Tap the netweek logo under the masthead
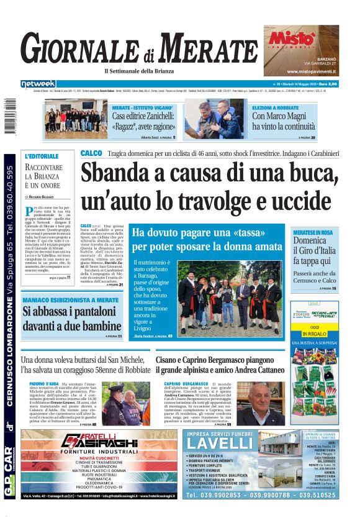pos(38,83)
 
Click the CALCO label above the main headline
pos(91,153)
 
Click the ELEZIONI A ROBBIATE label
pos(275,107)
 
